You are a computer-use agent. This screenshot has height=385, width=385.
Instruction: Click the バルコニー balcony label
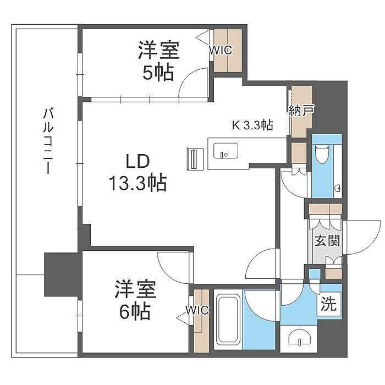(48, 141)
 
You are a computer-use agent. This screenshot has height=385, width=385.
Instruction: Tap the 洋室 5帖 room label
(158, 61)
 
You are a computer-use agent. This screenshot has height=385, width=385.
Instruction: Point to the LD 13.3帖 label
(137, 172)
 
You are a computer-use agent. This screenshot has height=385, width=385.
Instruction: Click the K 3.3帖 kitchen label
(252, 125)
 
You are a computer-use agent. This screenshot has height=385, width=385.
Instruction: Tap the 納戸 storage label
(301, 110)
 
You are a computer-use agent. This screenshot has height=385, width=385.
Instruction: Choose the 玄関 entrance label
(328, 241)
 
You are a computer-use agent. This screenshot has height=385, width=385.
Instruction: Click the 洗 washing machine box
(329, 304)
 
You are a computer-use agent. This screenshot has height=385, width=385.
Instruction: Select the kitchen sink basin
(226, 151)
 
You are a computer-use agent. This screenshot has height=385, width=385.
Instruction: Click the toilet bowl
(322, 155)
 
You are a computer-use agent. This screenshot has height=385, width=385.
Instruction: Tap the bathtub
(228, 320)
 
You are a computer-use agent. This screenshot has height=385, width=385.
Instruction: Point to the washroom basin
(299, 338)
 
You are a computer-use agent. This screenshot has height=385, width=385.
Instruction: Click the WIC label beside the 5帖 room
(220, 50)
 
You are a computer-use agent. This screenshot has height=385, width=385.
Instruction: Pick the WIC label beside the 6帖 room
(197, 310)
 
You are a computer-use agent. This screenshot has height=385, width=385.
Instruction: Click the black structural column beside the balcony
(62, 274)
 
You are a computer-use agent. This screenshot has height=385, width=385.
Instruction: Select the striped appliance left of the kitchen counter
(195, 159)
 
